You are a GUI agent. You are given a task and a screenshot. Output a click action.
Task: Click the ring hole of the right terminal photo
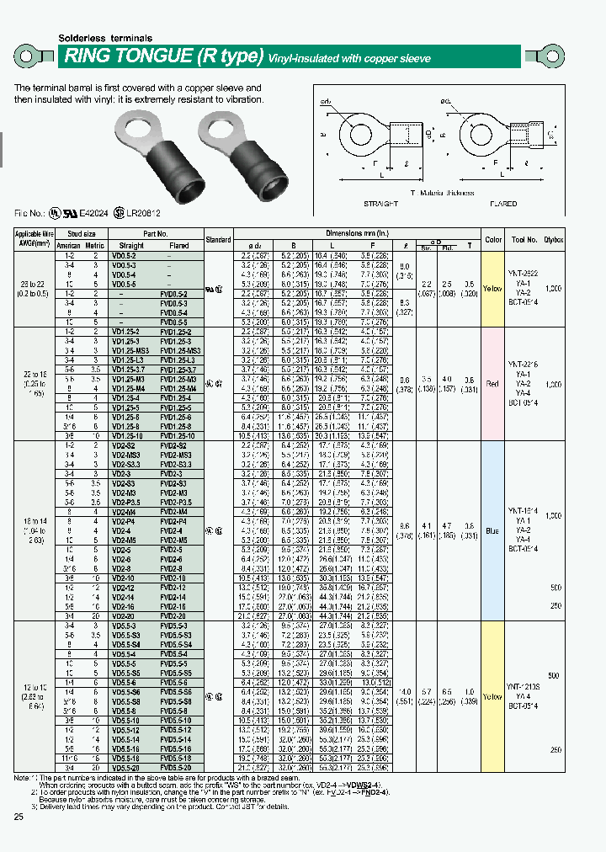pyautogui.click(x=221, y=130)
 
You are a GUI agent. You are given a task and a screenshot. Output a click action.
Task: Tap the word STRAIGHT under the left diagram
pyautogui.click(x=381, y=204)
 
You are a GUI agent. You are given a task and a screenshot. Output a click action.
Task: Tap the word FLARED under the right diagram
pyautogui.click(x=503, y=204)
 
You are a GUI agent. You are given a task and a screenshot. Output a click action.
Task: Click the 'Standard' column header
pyautogui.click(x=218, y=239)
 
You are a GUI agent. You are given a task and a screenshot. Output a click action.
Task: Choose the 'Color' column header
pyautogui.click(x=492, y=239)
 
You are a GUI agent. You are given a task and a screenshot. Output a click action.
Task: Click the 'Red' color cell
pyautogui.click(x=492, y=383)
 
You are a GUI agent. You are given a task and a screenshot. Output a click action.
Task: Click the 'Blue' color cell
pyautogui.click(x=492, y=531)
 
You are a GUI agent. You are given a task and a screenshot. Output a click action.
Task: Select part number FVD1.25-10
pyautogui.click(x=179, y=435)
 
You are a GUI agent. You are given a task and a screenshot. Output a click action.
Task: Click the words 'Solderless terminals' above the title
pyautogui.click(x=105, y=39)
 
